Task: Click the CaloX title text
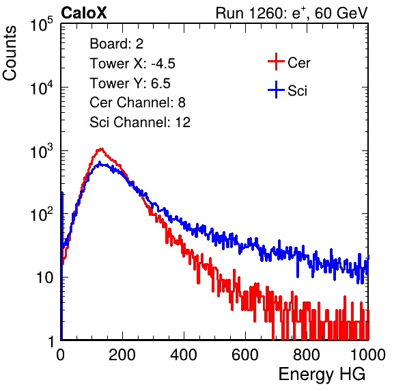[84, 13]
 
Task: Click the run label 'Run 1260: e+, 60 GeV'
[292, 13]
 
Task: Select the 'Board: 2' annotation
[116, 44]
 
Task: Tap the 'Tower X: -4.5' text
[132, 64]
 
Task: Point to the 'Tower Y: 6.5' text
[130, 83]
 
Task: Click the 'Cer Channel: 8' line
[137, 103]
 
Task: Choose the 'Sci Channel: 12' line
[140, 122]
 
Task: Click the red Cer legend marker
[276, 62]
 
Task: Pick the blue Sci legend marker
[276, 90]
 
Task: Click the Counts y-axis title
[10, 53]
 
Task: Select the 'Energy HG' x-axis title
[322, 374]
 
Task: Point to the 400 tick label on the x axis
[184, 355]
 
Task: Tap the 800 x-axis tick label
[307, 355]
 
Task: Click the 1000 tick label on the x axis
[368, 355]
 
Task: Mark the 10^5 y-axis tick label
[42, 24]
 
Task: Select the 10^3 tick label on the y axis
[42, 151]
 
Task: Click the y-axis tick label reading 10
[44, 278]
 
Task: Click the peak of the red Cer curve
[101, 149]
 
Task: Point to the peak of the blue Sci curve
[100, 163]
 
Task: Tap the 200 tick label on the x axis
[122, 355]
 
